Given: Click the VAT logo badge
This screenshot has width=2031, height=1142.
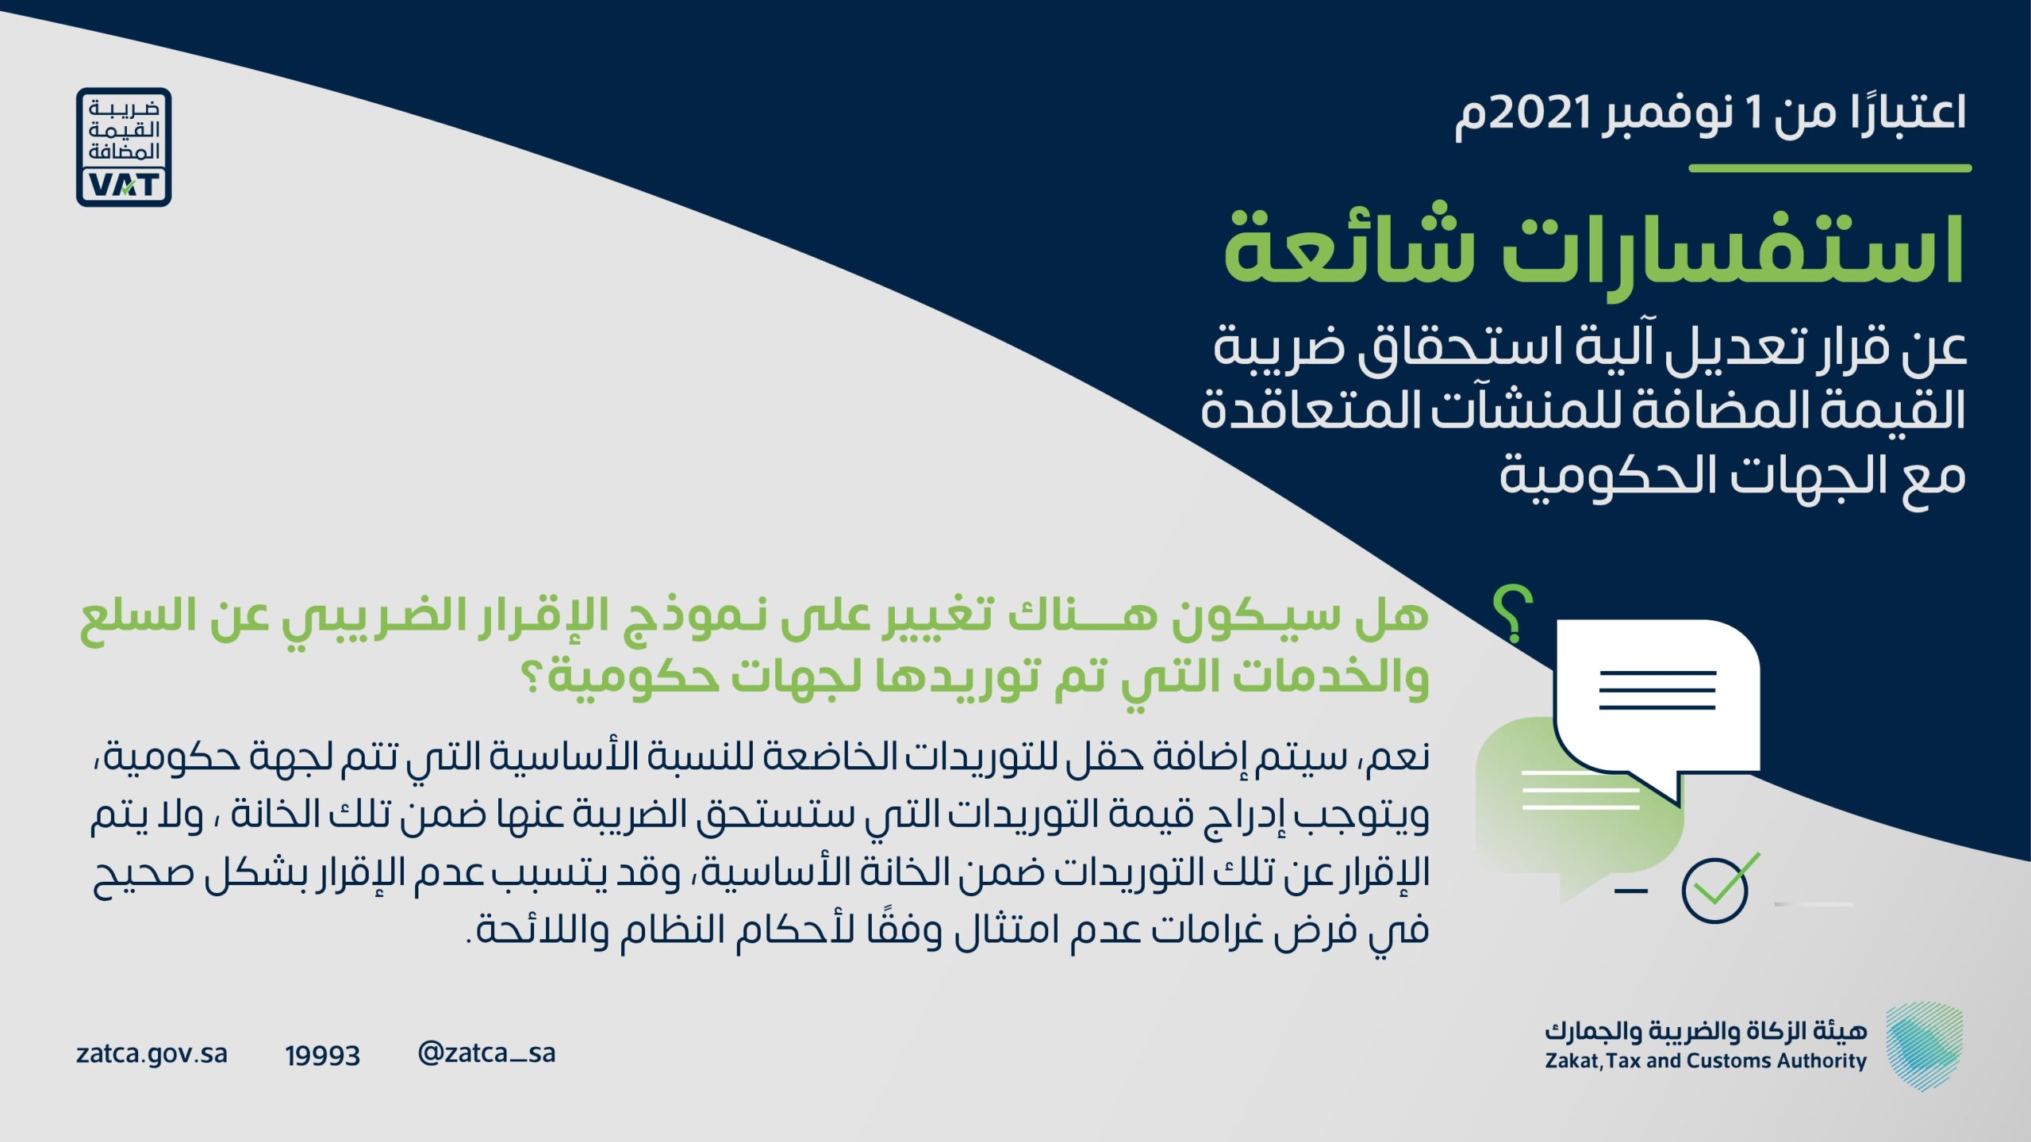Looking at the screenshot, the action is click(124, 148).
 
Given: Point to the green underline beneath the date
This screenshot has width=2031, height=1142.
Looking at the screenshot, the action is click(1830, 168).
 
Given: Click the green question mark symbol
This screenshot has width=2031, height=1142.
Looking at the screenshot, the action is click(1513, 614).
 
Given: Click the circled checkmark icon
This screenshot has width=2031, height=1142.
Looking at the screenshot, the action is click(1718, 888).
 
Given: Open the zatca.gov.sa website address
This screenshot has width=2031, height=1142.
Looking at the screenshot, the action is click(152, 1054).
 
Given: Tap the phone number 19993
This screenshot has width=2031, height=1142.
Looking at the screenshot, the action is click(322, 1056).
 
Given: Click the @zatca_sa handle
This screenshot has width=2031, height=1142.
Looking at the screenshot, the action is click(486, 1053).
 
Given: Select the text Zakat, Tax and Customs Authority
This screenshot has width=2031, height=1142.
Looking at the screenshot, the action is click(1706, 1061).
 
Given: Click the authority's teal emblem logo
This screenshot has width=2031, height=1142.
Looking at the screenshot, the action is click(1924, 1045).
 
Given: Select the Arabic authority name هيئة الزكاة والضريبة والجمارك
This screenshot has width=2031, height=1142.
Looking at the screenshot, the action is click(1706, 1030).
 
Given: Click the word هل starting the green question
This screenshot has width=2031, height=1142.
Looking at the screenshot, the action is click(1392, 615).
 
